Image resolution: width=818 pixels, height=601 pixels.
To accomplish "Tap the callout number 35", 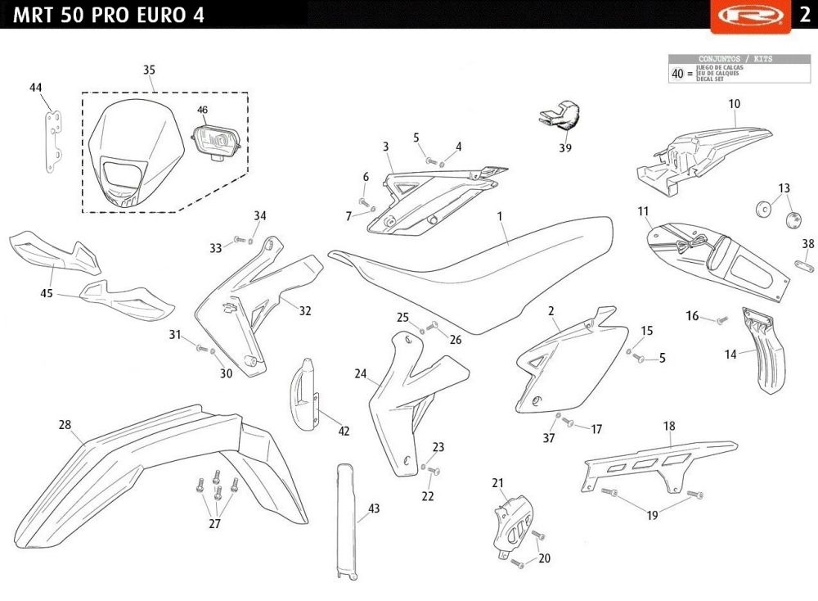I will [149, 70].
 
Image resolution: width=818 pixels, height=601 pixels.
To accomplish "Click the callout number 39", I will [565, 148].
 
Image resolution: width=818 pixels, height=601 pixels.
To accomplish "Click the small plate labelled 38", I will [805, 264].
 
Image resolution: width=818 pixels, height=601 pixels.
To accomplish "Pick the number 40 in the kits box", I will [677, 74].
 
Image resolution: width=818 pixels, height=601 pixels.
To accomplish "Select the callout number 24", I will [360, 374].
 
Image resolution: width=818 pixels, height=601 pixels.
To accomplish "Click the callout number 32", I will [305, 311].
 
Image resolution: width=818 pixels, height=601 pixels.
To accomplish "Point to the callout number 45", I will [47, 293].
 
